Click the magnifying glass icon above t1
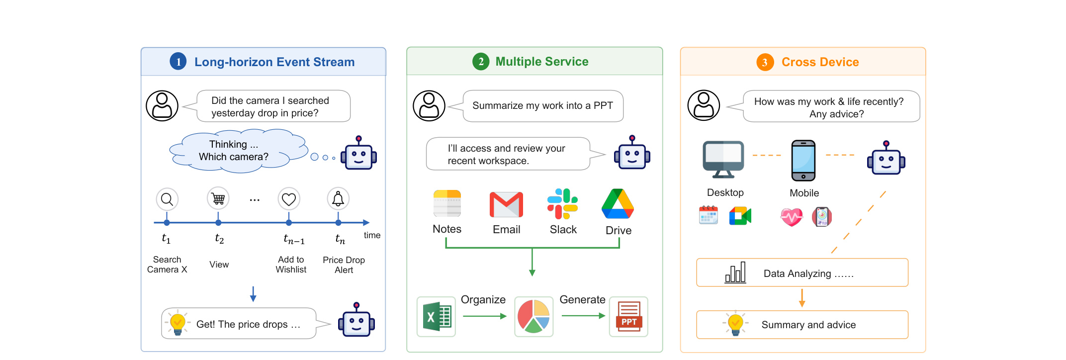coord(167,199)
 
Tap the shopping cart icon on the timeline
coord(218,199)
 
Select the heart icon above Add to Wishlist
coord(289,199)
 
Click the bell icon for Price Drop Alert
coord(338,199)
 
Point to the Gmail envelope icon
coord(506,204)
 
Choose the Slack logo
coord(562,204)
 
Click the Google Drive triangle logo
coord(618,203)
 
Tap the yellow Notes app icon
coord(447,203)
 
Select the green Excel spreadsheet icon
coord(437,317)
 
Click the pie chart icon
coord(533,316)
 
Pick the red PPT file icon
coord(629,316)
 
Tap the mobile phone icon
coord(803,161)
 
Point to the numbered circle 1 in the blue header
coord(178,62)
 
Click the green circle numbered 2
coord(481,62)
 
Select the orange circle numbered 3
coord(765,62)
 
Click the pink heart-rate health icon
coord(792,217)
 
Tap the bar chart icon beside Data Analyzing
coord(735,272)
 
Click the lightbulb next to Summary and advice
coord(735,324)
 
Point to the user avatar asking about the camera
coord(162,106)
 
